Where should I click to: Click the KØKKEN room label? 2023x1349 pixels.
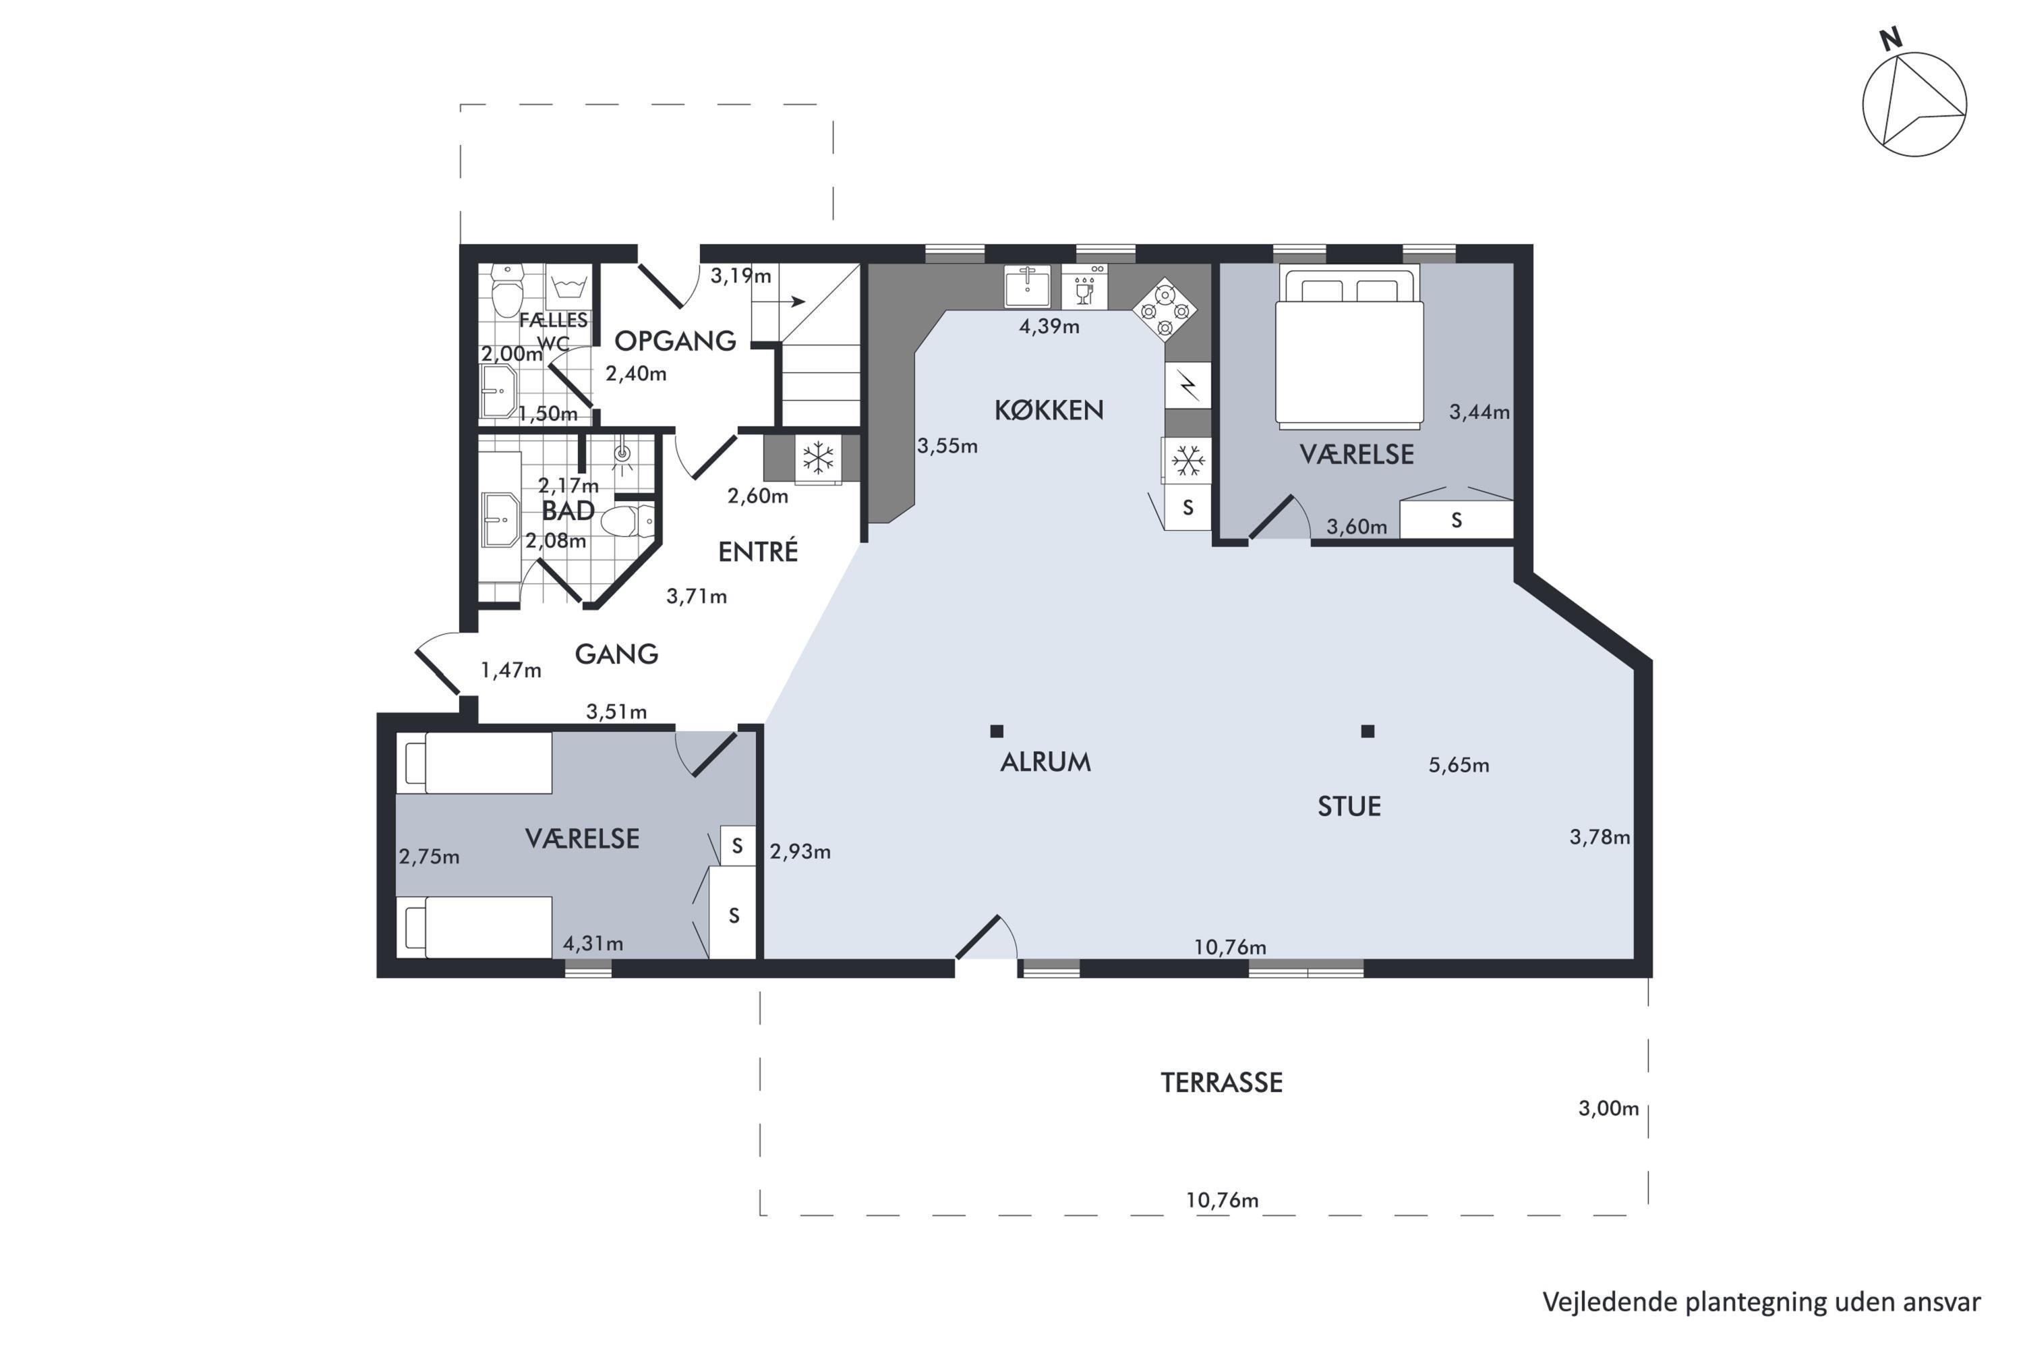pos(1049,409)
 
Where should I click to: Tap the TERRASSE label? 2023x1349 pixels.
pos(1221,1083)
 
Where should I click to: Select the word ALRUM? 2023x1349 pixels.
pos(1045,762)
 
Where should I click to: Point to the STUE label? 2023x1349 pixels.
pos(1349,806)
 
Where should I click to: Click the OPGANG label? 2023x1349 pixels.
pos(675,341)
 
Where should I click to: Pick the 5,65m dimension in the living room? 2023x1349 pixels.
pos(1459,765)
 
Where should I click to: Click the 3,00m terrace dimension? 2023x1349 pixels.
pos(1608,1108)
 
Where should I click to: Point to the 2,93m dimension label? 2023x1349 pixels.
pos(800,852)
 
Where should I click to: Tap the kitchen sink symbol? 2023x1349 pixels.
pos(1027,285)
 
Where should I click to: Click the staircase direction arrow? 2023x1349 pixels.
pos(791,302)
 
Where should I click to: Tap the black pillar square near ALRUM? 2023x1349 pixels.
pos(997,731)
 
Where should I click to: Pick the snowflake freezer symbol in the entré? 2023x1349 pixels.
pos(818,459)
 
